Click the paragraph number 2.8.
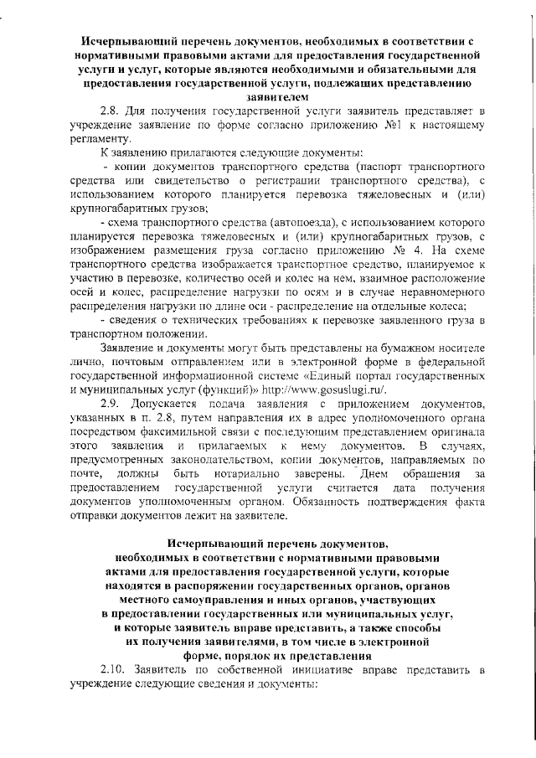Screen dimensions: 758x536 click(x=110, y=111)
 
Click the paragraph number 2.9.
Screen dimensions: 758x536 click(x=110, y=405)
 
